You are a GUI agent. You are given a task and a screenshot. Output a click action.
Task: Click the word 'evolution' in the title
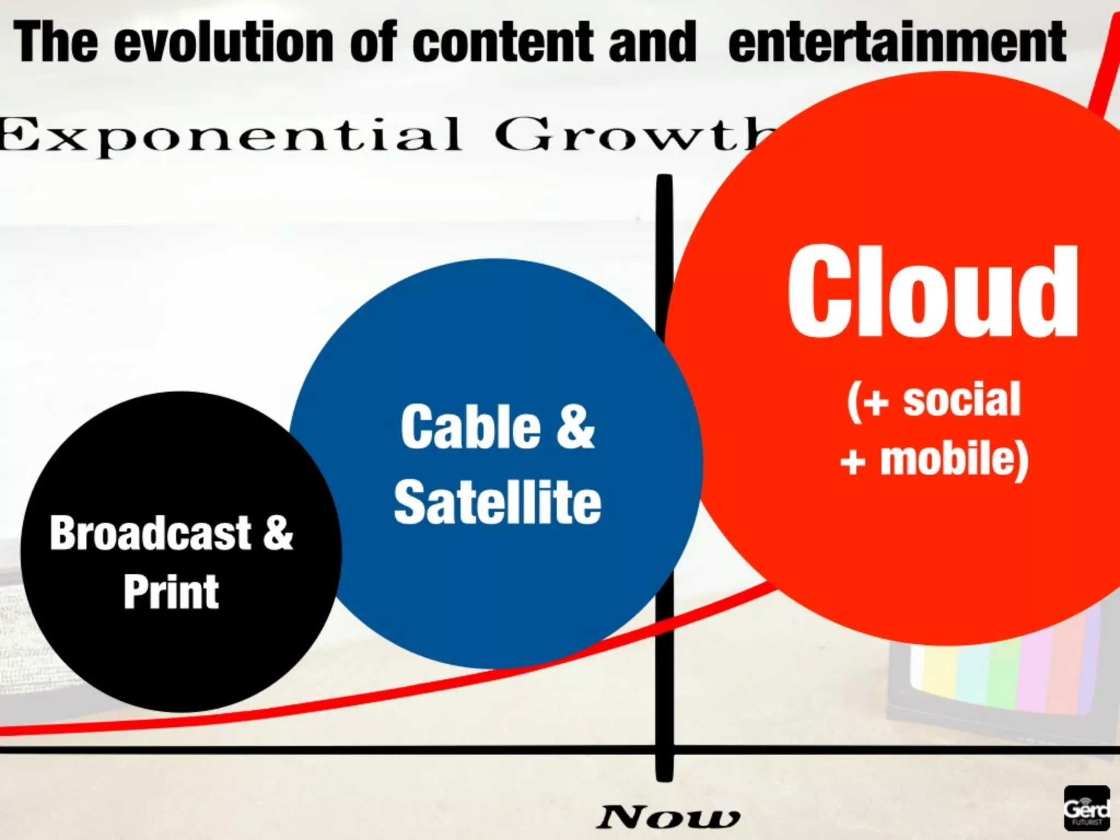click(223, 42)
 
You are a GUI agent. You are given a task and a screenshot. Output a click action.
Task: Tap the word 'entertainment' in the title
click(897, 42)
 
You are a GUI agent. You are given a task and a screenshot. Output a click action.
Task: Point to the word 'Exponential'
click(230, 135)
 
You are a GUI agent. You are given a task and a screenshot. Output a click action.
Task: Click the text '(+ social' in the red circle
click(934, 401)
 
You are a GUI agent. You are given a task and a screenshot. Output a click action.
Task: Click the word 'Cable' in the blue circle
click(470, 427)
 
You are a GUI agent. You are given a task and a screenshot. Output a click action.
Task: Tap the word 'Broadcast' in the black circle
click(150, 533)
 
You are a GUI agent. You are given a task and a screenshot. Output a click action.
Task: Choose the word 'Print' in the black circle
click(171, 592)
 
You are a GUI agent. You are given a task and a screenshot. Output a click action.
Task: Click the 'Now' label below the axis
click(668, 817)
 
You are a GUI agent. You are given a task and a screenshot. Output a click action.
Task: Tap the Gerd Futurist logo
click(1086, 808)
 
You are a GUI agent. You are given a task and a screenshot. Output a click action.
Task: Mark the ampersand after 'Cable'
click(575, 427)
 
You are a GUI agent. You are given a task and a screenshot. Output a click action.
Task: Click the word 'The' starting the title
click(56, 42)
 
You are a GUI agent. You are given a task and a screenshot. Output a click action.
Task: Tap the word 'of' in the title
click(373, 42)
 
